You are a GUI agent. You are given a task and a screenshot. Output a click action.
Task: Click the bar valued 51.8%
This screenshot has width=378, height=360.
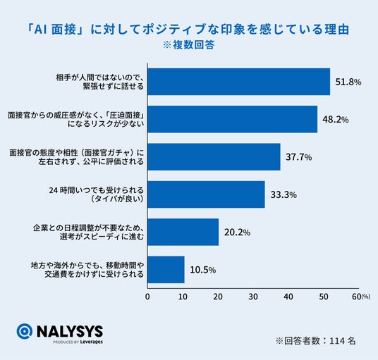[x=238, y=82]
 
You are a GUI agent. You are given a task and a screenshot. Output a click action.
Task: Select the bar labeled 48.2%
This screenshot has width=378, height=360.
[x=233, y=119]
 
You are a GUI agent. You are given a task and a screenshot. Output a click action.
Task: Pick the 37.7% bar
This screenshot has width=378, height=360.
[x=214, y=157]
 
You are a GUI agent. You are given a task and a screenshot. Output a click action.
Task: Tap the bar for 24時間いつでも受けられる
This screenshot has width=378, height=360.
[x=206, y=194]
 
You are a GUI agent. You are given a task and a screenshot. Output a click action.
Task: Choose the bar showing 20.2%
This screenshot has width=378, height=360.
[x=183, y=232]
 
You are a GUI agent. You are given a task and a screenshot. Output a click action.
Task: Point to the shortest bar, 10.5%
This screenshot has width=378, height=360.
[x=166, y=270]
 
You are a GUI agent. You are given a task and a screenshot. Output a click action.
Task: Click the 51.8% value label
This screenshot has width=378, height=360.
[x=348, y=82]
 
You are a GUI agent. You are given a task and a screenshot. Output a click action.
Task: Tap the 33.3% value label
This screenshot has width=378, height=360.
[x=283, y=195]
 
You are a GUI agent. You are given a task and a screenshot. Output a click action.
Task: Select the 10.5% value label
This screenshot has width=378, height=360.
[x=202, y=270]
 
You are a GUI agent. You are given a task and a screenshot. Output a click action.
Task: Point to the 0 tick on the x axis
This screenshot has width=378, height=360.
[x=147, y=297]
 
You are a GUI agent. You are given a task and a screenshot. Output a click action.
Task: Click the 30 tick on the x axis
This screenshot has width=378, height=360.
[x=253, y=297]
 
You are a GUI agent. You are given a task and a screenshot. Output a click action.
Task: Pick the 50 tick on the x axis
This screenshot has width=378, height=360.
[x=324, y=297]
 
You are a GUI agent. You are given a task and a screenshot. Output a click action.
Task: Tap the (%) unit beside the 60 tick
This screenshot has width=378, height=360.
[x=366, y=297]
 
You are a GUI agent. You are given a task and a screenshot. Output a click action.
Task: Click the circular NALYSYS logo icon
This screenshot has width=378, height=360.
[x=25, y=331]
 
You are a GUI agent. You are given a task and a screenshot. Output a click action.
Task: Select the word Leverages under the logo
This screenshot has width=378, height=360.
[x=92, y=342]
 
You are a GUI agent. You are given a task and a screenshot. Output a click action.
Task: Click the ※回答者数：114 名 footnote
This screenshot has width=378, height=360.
[x=316, y=341]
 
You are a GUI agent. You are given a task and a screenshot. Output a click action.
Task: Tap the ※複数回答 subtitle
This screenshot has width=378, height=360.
[x=188, y=45]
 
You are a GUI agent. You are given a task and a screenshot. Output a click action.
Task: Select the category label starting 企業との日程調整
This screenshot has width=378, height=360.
[x=88, y=232]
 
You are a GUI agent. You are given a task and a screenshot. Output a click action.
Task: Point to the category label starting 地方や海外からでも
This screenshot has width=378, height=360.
[x=87, y=270]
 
